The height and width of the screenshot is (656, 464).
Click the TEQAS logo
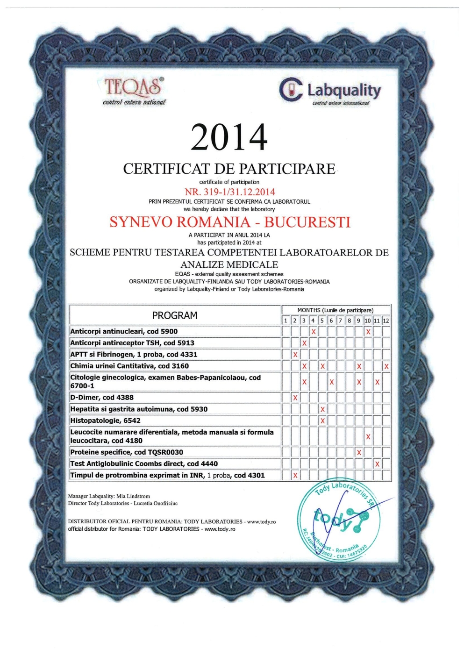tap(134, 91)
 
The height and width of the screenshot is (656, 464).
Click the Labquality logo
tap(331, 90)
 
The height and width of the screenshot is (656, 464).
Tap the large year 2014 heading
tap(229, 137)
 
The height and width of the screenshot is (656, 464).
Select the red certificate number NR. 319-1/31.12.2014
tap(230, 192)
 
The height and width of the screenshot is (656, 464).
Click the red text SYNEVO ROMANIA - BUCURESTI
tap(230, 222)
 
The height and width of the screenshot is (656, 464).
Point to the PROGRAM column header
tap(175, 315)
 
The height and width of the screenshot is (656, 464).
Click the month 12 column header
tap(386, 321)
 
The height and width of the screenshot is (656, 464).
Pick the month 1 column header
tap(286, 321)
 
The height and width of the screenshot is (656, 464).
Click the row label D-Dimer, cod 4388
tap(102, 398)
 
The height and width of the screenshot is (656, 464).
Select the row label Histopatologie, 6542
tap(105, 421)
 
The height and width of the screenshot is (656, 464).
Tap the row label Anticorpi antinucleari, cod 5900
tap(124, 331)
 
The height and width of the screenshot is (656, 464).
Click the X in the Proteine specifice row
tap(359, 452)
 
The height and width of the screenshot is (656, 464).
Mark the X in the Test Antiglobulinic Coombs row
tap(377, 464)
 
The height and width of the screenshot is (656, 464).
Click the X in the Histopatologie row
tap(322, 421)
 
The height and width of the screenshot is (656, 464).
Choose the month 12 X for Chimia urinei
tap(386, 366)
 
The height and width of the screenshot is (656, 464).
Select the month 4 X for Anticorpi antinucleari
tap(313, 332)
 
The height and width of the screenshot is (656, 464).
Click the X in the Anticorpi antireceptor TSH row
tap(304, 343)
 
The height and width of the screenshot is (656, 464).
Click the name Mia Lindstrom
tap(133, 496)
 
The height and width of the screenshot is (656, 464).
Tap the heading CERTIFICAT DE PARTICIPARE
tap(229, 169)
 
